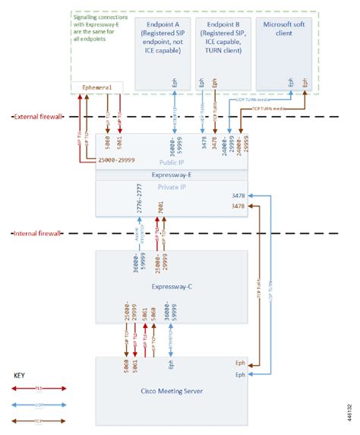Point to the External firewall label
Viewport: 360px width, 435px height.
click(38, 117)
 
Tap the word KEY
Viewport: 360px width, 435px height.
click(24, 375)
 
